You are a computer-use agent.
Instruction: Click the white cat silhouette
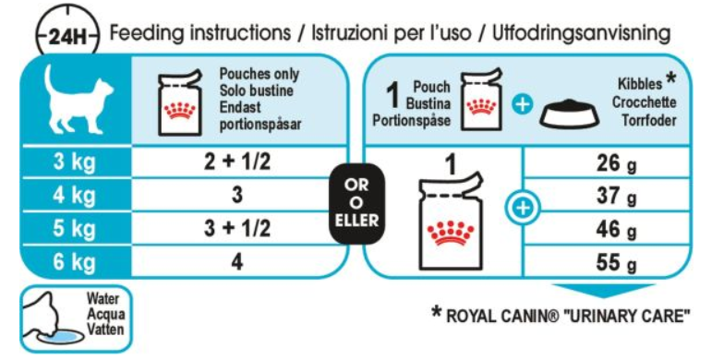[x=77, y=99]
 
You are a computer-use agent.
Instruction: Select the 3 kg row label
[x=75, y=162]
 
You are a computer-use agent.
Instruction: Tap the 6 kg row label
[x=75, y=262]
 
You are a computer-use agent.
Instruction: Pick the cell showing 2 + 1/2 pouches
[x=237, y=162]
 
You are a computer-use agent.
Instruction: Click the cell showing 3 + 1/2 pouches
[x=237, y=228]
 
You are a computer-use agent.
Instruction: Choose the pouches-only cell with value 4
[x=237, y=262]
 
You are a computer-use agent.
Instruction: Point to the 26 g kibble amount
[x=616, y=163]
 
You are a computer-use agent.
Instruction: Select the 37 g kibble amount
[x=616, y=196]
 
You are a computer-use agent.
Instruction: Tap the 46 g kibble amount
[x=616, y=229]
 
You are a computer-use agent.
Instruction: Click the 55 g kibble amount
[x=616, y=262]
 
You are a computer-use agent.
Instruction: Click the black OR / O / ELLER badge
[x=356, y=203]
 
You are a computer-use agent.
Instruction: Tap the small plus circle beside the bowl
[x=522, y=105]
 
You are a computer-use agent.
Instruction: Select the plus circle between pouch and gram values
[x=523, y=209]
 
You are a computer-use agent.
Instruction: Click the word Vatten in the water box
[x=106, y=330]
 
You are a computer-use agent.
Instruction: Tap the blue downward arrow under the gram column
[x=603, y=291]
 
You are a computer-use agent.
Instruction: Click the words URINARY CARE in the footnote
[x=627, y=316]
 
